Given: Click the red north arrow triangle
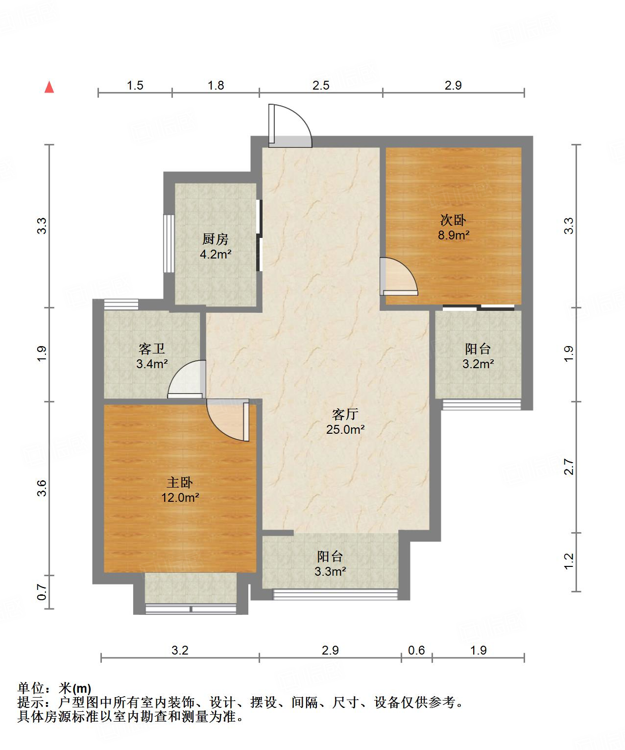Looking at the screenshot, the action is click(49, 87).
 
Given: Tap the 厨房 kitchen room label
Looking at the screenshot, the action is click(216, 239).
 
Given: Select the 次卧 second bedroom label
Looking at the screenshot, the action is click(453, 220).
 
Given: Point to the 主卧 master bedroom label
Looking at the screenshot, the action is click(180, 482).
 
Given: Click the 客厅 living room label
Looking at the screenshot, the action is click(345, 414).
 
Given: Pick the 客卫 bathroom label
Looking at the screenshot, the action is click(152, 349).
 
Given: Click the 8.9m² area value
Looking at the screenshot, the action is click(453, 235).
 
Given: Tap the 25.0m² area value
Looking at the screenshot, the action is click(345, 429).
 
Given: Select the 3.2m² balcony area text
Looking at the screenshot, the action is click(478, 364).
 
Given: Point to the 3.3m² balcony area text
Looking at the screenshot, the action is click(330, 571).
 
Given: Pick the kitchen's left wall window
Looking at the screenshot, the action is click(168, 243).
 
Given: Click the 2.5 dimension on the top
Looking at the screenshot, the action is click(321, 86).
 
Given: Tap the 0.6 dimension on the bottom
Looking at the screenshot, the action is click(416, 650).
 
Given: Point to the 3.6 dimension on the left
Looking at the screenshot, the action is click(42, 488).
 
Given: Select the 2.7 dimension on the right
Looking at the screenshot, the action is click(569, 467).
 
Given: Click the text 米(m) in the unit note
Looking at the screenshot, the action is click(75, 688).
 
